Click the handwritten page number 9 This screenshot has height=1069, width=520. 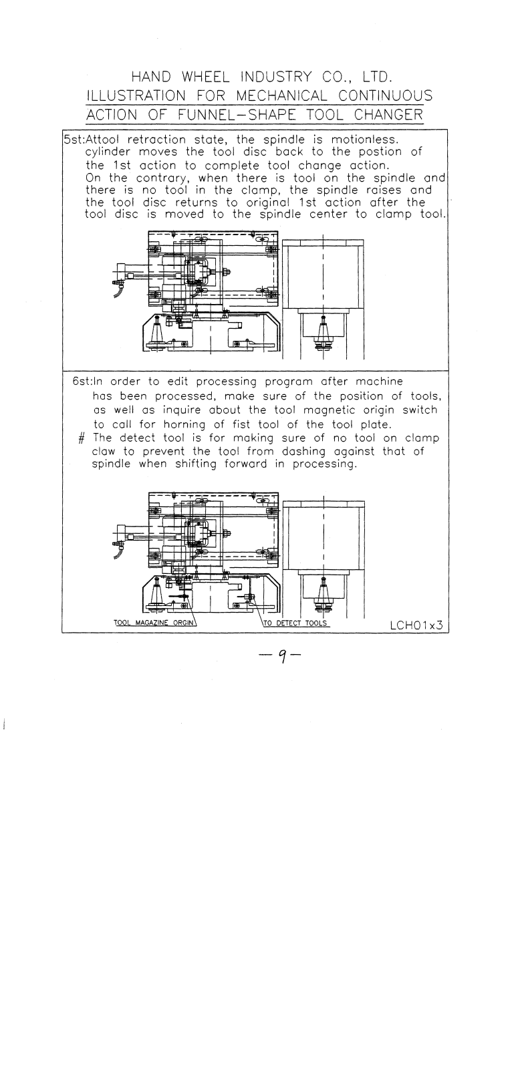283,658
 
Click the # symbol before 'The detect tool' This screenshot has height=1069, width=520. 81,438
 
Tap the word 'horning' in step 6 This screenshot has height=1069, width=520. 183,424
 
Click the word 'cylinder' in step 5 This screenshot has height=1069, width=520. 106,152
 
